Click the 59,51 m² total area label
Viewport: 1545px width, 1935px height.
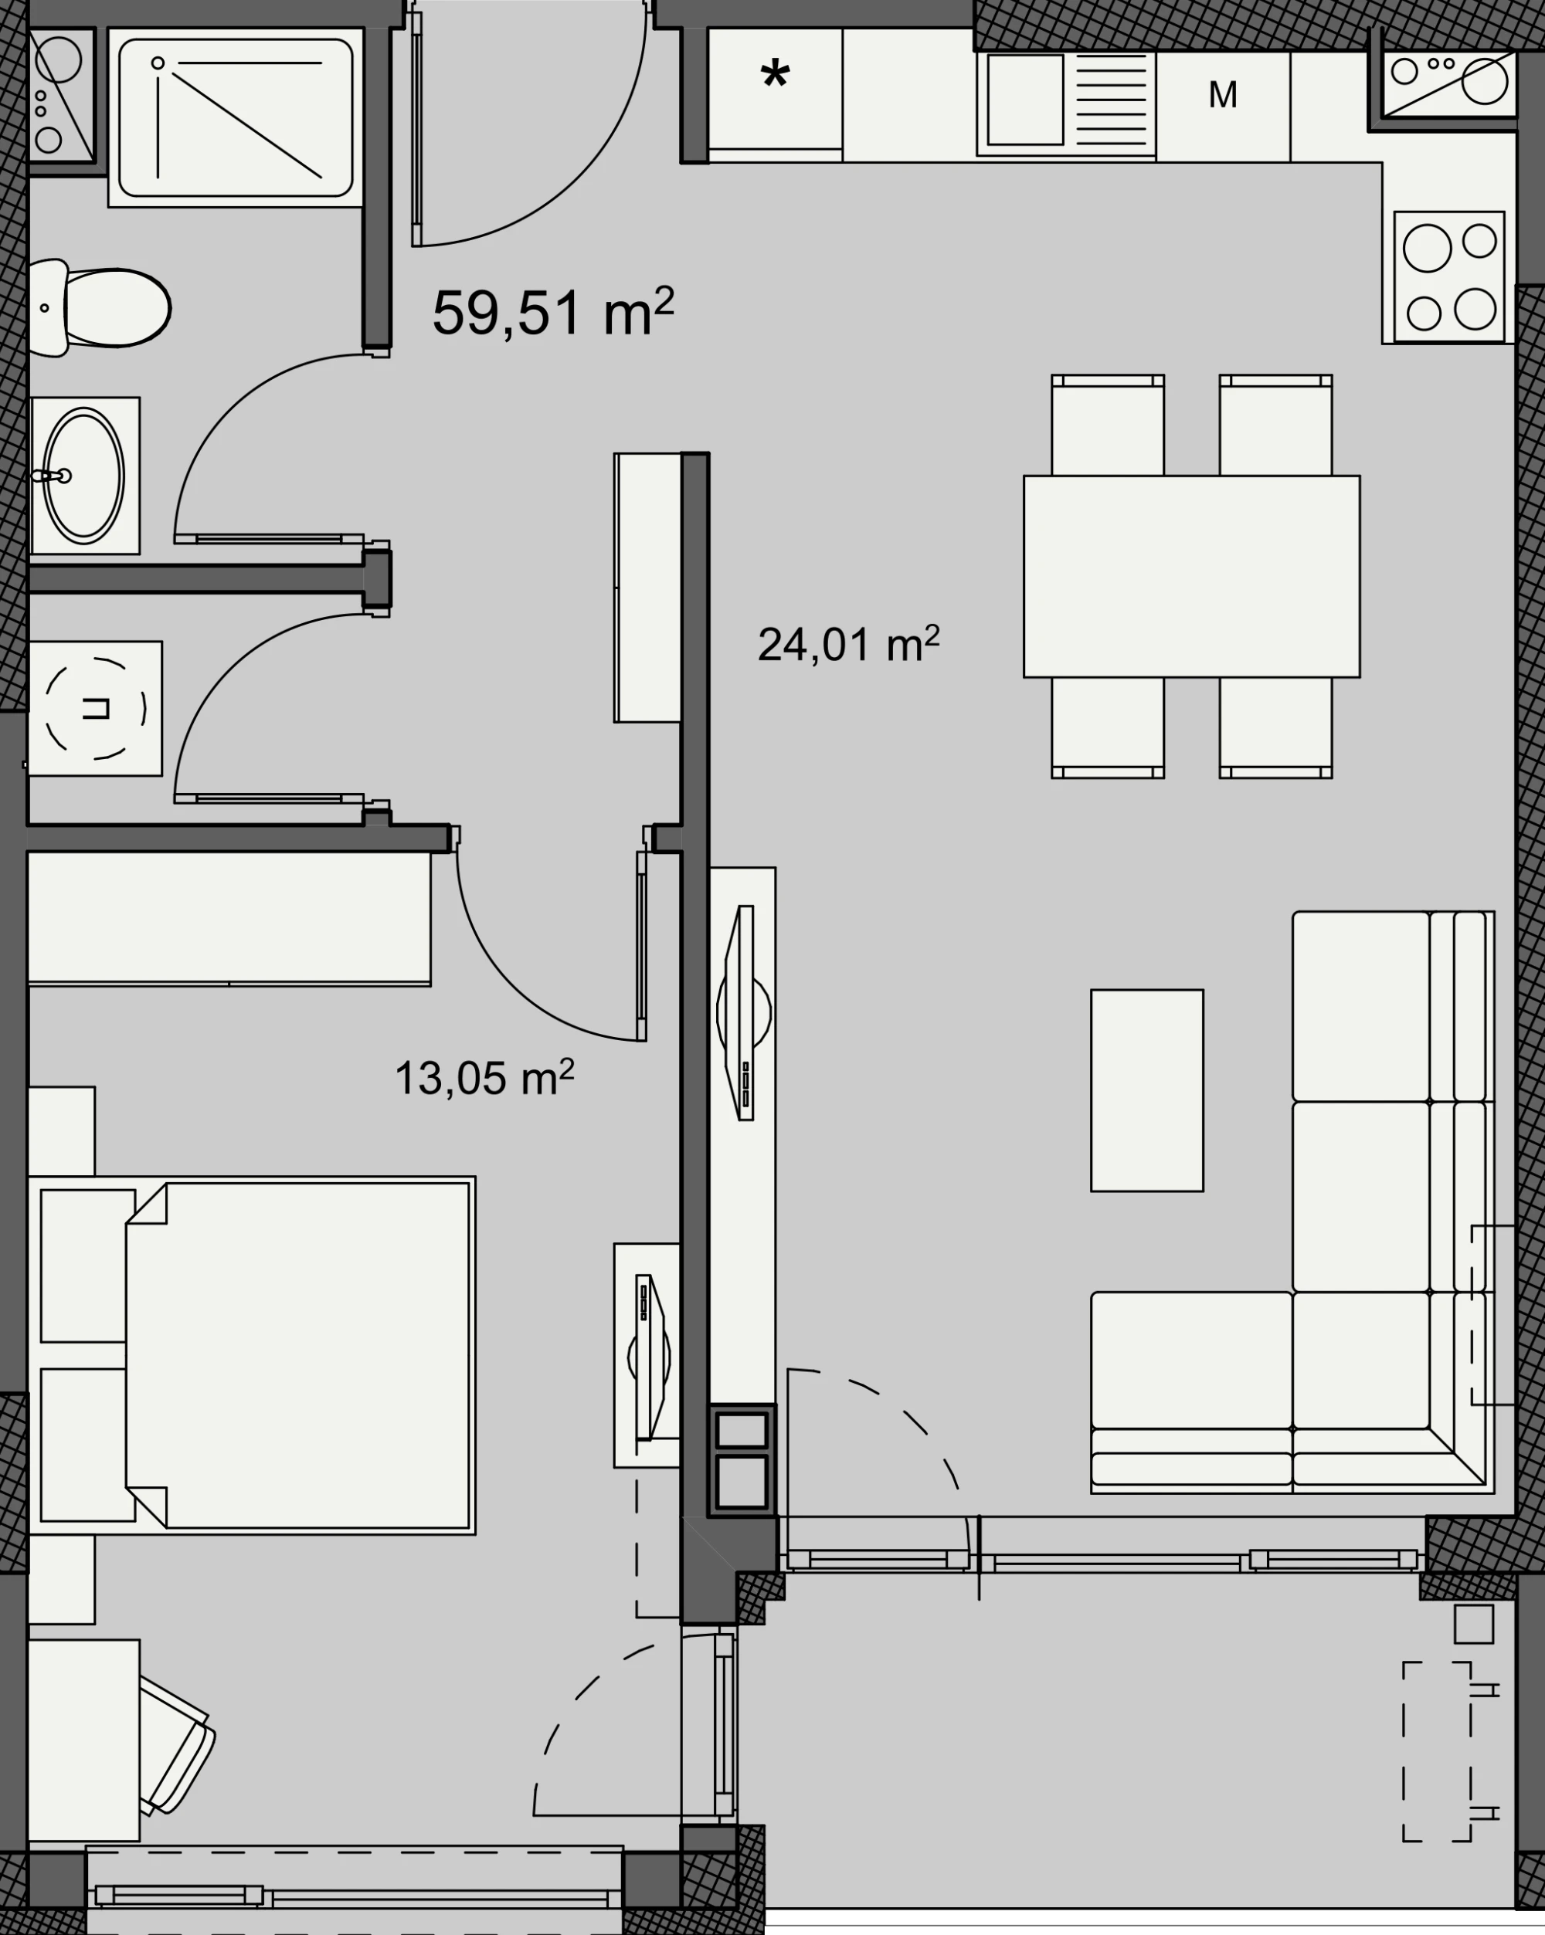552,312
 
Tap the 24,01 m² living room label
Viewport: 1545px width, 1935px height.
848,645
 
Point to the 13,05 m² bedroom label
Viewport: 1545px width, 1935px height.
484,1077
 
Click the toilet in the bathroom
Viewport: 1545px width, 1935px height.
99,308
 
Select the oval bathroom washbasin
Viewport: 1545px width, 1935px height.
83,476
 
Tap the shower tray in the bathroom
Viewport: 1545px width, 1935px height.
235,117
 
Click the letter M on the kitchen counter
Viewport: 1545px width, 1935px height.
1223,94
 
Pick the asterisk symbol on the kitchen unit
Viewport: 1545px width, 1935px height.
775,76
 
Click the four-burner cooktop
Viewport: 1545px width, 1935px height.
1449,276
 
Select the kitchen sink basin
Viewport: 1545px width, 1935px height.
1025,99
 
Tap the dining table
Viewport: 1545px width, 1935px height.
1191,576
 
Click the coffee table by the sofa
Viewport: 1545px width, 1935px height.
1146,1090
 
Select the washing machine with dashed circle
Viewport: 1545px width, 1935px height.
95,708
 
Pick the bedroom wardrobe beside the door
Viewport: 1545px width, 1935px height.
229,918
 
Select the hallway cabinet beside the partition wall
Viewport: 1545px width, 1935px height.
647,588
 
